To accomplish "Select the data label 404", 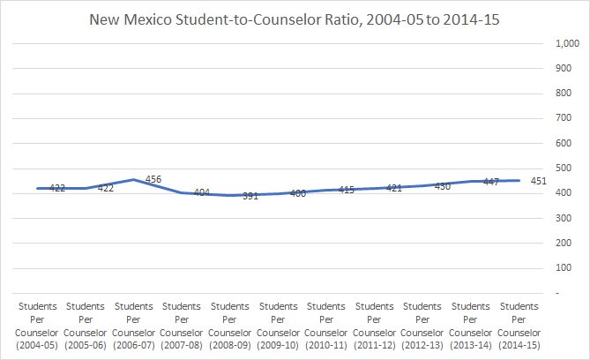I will pyautogui.click(x=200, y=192).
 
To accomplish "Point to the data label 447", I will pyautogui.click(x=492, y=182).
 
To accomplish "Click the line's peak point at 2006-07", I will pyautogui.click(x=132, y=179).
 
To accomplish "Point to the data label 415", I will pyautogui.click(x=346, y=190).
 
